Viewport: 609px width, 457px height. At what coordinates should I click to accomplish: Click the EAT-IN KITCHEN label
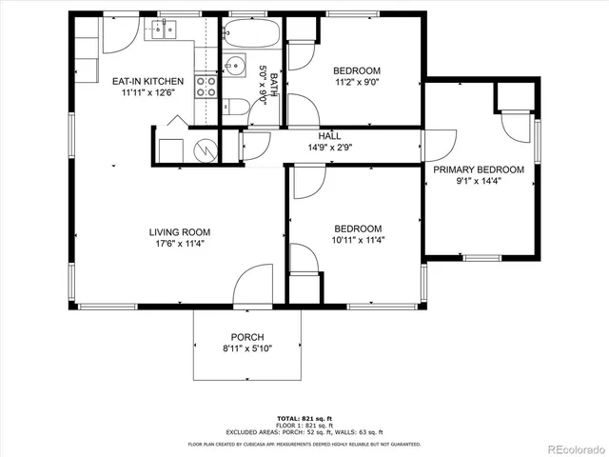click(147, 81)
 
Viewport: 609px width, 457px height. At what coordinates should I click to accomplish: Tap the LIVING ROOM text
click(179, 231)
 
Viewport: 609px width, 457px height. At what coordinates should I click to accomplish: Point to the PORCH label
click(247, 337)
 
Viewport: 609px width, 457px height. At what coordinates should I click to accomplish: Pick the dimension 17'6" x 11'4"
click(179, 244)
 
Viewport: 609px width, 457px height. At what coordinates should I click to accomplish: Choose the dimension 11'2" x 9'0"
click(357, 83)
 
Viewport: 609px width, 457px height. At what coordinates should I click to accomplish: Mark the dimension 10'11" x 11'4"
click(357, 241)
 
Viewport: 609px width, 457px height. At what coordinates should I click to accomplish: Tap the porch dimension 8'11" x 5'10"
click(247, 349)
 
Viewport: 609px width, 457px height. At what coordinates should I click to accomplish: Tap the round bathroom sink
click(233, 68)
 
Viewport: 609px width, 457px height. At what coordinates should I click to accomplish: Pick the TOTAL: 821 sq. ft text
click(304, 419)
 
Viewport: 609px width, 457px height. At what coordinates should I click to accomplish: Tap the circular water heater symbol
click(204, 149)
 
